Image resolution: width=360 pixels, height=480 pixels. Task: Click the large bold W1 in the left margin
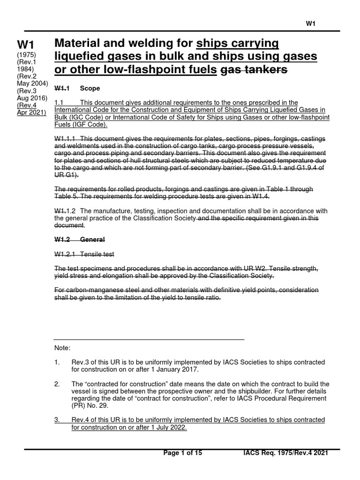point(26,45)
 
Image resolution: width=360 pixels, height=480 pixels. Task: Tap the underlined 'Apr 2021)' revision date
point(32,112)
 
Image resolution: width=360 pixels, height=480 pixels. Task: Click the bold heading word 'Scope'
point(90,88)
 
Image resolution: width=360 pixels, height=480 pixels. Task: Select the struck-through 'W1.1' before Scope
point(62,88)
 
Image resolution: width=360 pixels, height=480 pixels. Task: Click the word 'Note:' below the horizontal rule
point(62,348)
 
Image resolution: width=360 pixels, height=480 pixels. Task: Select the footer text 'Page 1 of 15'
point(183,453)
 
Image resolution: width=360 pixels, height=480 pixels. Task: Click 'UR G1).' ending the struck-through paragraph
point(67,175)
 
